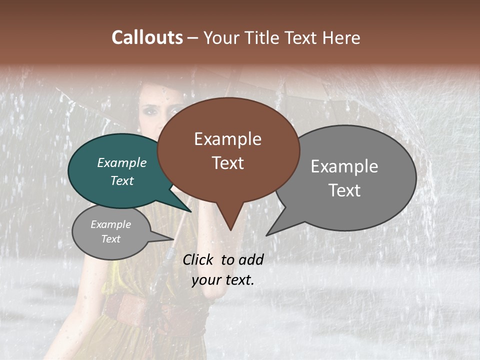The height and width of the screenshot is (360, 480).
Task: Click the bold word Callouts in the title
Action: click(x=147, y=37)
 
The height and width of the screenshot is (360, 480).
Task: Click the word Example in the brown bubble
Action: click(x=227, y=139)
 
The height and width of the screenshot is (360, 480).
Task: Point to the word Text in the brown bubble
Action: click(x=227, y=163)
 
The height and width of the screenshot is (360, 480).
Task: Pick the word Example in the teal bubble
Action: click(x=122, y=163)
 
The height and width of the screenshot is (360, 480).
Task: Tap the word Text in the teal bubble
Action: click(x=122, y=180)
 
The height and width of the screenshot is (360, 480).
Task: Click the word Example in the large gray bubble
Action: click(x=344, y=166)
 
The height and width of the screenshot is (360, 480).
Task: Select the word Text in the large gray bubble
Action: click(x=344, y=190)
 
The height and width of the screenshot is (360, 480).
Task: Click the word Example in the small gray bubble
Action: click(x=111, y=224)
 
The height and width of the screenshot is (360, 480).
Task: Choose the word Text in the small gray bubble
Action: click(x=111, y=239)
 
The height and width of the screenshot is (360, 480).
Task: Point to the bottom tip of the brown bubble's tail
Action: click(x=230, y=229)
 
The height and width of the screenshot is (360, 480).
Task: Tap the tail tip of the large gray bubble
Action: click(x=267, y=234)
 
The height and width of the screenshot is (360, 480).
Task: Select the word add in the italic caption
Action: click(x=251, y=259)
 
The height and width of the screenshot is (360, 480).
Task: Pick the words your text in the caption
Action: click(x=223, y=280)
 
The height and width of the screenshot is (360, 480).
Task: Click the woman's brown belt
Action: click(x=125, y=307)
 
